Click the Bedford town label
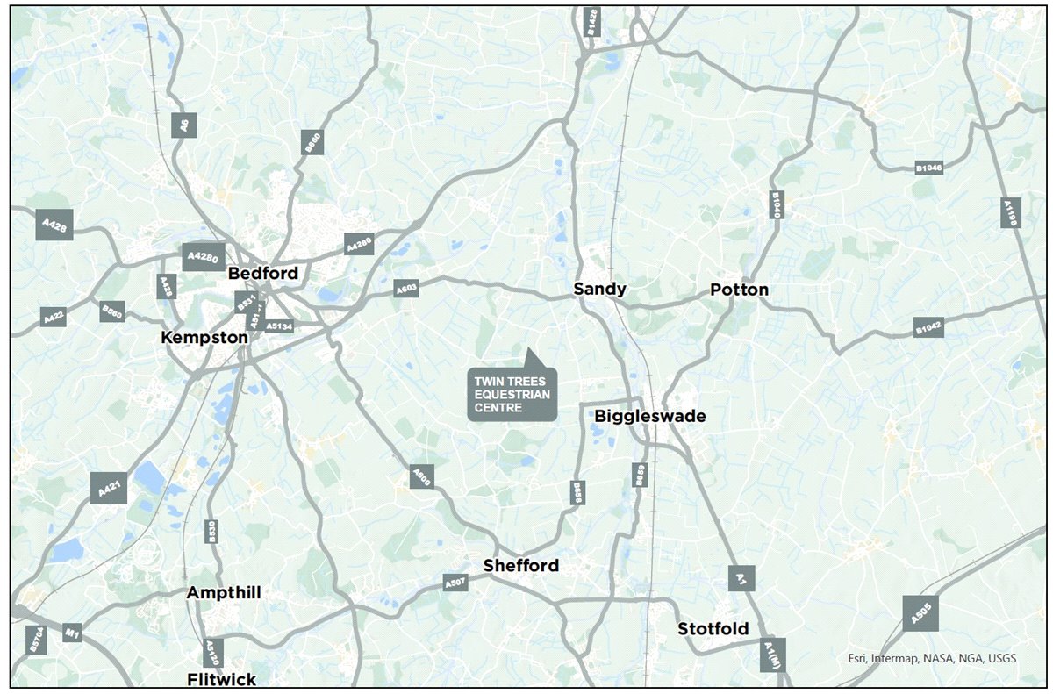pos(263,274)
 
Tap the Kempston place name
pos(204,337)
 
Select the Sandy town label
pos(600,289)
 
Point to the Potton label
pos(739,290)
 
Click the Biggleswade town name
pos(650,416)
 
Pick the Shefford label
pos(521,566)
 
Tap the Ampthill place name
pos(224,593)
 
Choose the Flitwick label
pos(222,679)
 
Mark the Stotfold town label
pos(713,629)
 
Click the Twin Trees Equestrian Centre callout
pos(512,394)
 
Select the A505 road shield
pos(920,613)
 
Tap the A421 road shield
pos(109,488)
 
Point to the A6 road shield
pos(183,125)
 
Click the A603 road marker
pos(406,288)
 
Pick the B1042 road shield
pos(928,327)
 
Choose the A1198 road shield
pos(1010,213)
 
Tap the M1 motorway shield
pos(72,633)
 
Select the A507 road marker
pos(455,582)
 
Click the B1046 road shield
pos(928,167)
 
